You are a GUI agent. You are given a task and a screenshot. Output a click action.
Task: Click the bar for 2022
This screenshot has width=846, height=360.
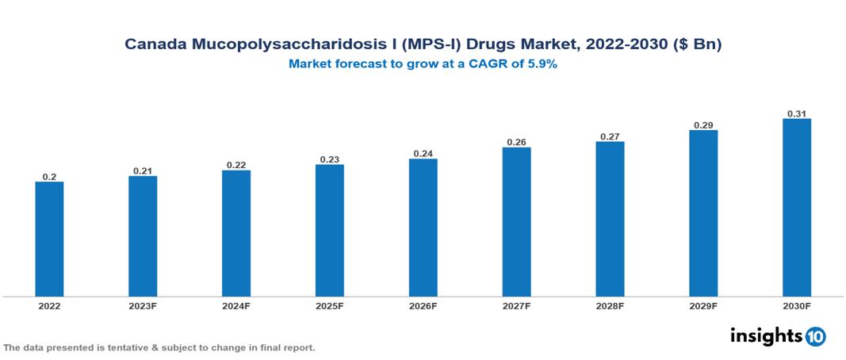coord(49,239)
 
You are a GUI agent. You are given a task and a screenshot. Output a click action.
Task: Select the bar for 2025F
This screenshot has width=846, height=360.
coord(329,230)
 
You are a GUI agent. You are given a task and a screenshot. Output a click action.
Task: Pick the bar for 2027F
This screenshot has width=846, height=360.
coord(516,222)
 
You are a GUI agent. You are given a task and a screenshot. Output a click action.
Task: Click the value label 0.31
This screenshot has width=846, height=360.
coord(797,113)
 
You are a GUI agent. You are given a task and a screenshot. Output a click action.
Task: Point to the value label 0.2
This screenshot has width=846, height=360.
coord(49,177)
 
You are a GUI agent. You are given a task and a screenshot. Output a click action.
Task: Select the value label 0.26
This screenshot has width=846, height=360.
coord(516,142)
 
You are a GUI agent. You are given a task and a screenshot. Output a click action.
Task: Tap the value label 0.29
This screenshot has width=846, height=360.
coord(703,125)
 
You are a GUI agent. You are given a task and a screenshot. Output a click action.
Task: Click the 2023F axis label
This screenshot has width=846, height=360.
coord(143,306)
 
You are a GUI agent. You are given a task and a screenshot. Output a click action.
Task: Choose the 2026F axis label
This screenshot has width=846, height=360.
coord(423,306)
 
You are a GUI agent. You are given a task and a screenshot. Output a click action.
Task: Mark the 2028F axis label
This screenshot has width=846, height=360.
coord(610,306)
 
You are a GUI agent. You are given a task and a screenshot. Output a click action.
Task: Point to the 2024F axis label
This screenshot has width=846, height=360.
coord(236,306)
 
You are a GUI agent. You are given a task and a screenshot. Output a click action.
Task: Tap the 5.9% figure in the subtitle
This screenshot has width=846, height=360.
coord(542,64)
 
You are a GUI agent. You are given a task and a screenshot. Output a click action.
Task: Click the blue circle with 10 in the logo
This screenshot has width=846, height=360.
coord(815,336)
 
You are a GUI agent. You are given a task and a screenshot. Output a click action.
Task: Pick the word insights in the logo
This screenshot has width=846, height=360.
coord(766,335)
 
